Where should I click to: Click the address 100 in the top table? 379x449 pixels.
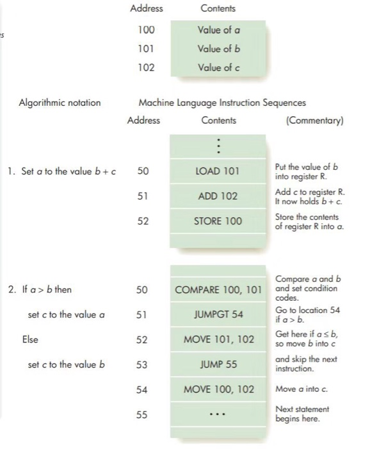click(x=145, y=30)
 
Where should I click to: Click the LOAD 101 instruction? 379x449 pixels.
click(x=218, y=171)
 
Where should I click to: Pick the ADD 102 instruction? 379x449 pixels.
click(x=218, y=196)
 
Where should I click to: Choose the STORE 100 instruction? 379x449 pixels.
click(x=218, y=221)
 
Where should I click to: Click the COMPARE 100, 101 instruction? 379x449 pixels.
click(x=218, y=289)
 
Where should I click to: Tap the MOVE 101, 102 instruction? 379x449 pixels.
click(x=218, y=339)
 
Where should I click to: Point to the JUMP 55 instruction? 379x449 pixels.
click(x=218, y=364)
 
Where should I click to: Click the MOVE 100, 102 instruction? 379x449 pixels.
click(x=218, y=389)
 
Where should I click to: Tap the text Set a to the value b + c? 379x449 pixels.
click(x=67, y=171)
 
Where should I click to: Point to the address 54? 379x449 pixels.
click(x=143, y=389)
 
